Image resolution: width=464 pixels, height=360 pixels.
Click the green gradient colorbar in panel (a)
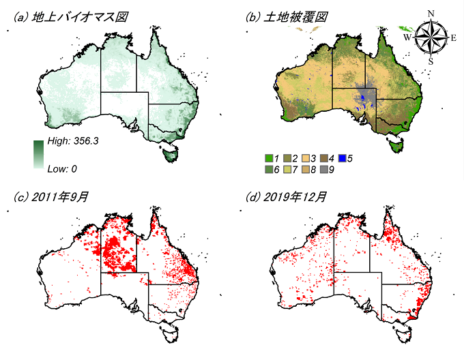point(38,154)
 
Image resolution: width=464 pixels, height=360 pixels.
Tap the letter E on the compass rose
point(453,37)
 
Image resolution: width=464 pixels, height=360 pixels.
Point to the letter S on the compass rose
point(430,61)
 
